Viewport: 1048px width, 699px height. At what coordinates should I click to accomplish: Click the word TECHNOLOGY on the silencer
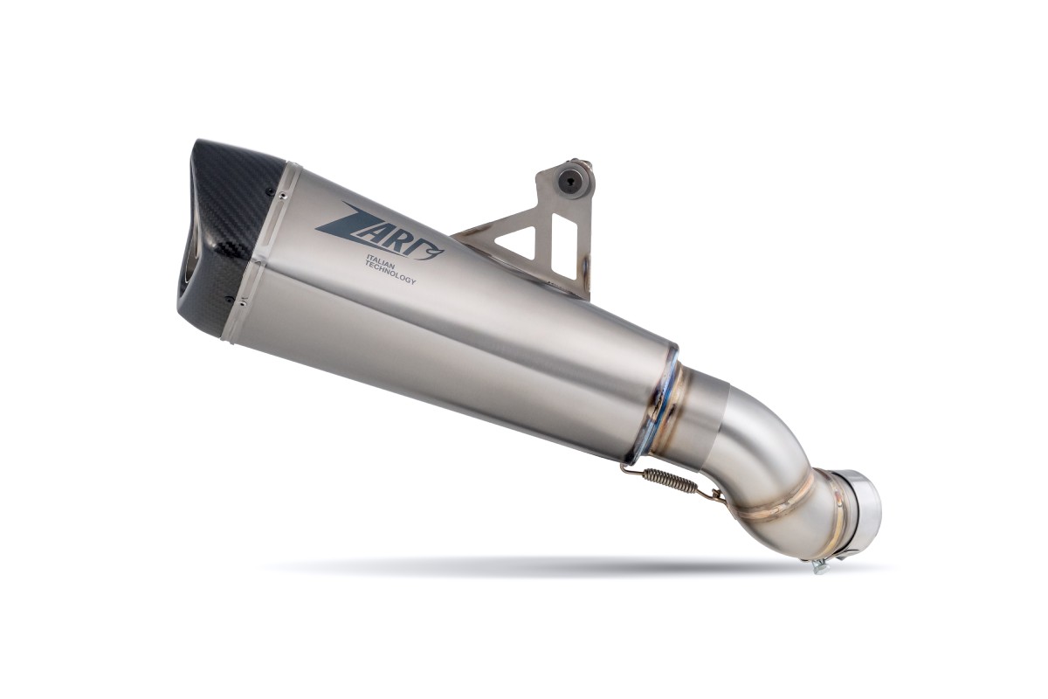click(390, 277)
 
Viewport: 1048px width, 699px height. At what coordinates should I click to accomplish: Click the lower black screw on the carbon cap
click(229, 298)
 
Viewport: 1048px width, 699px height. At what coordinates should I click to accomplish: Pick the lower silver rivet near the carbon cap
click(241, 303)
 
